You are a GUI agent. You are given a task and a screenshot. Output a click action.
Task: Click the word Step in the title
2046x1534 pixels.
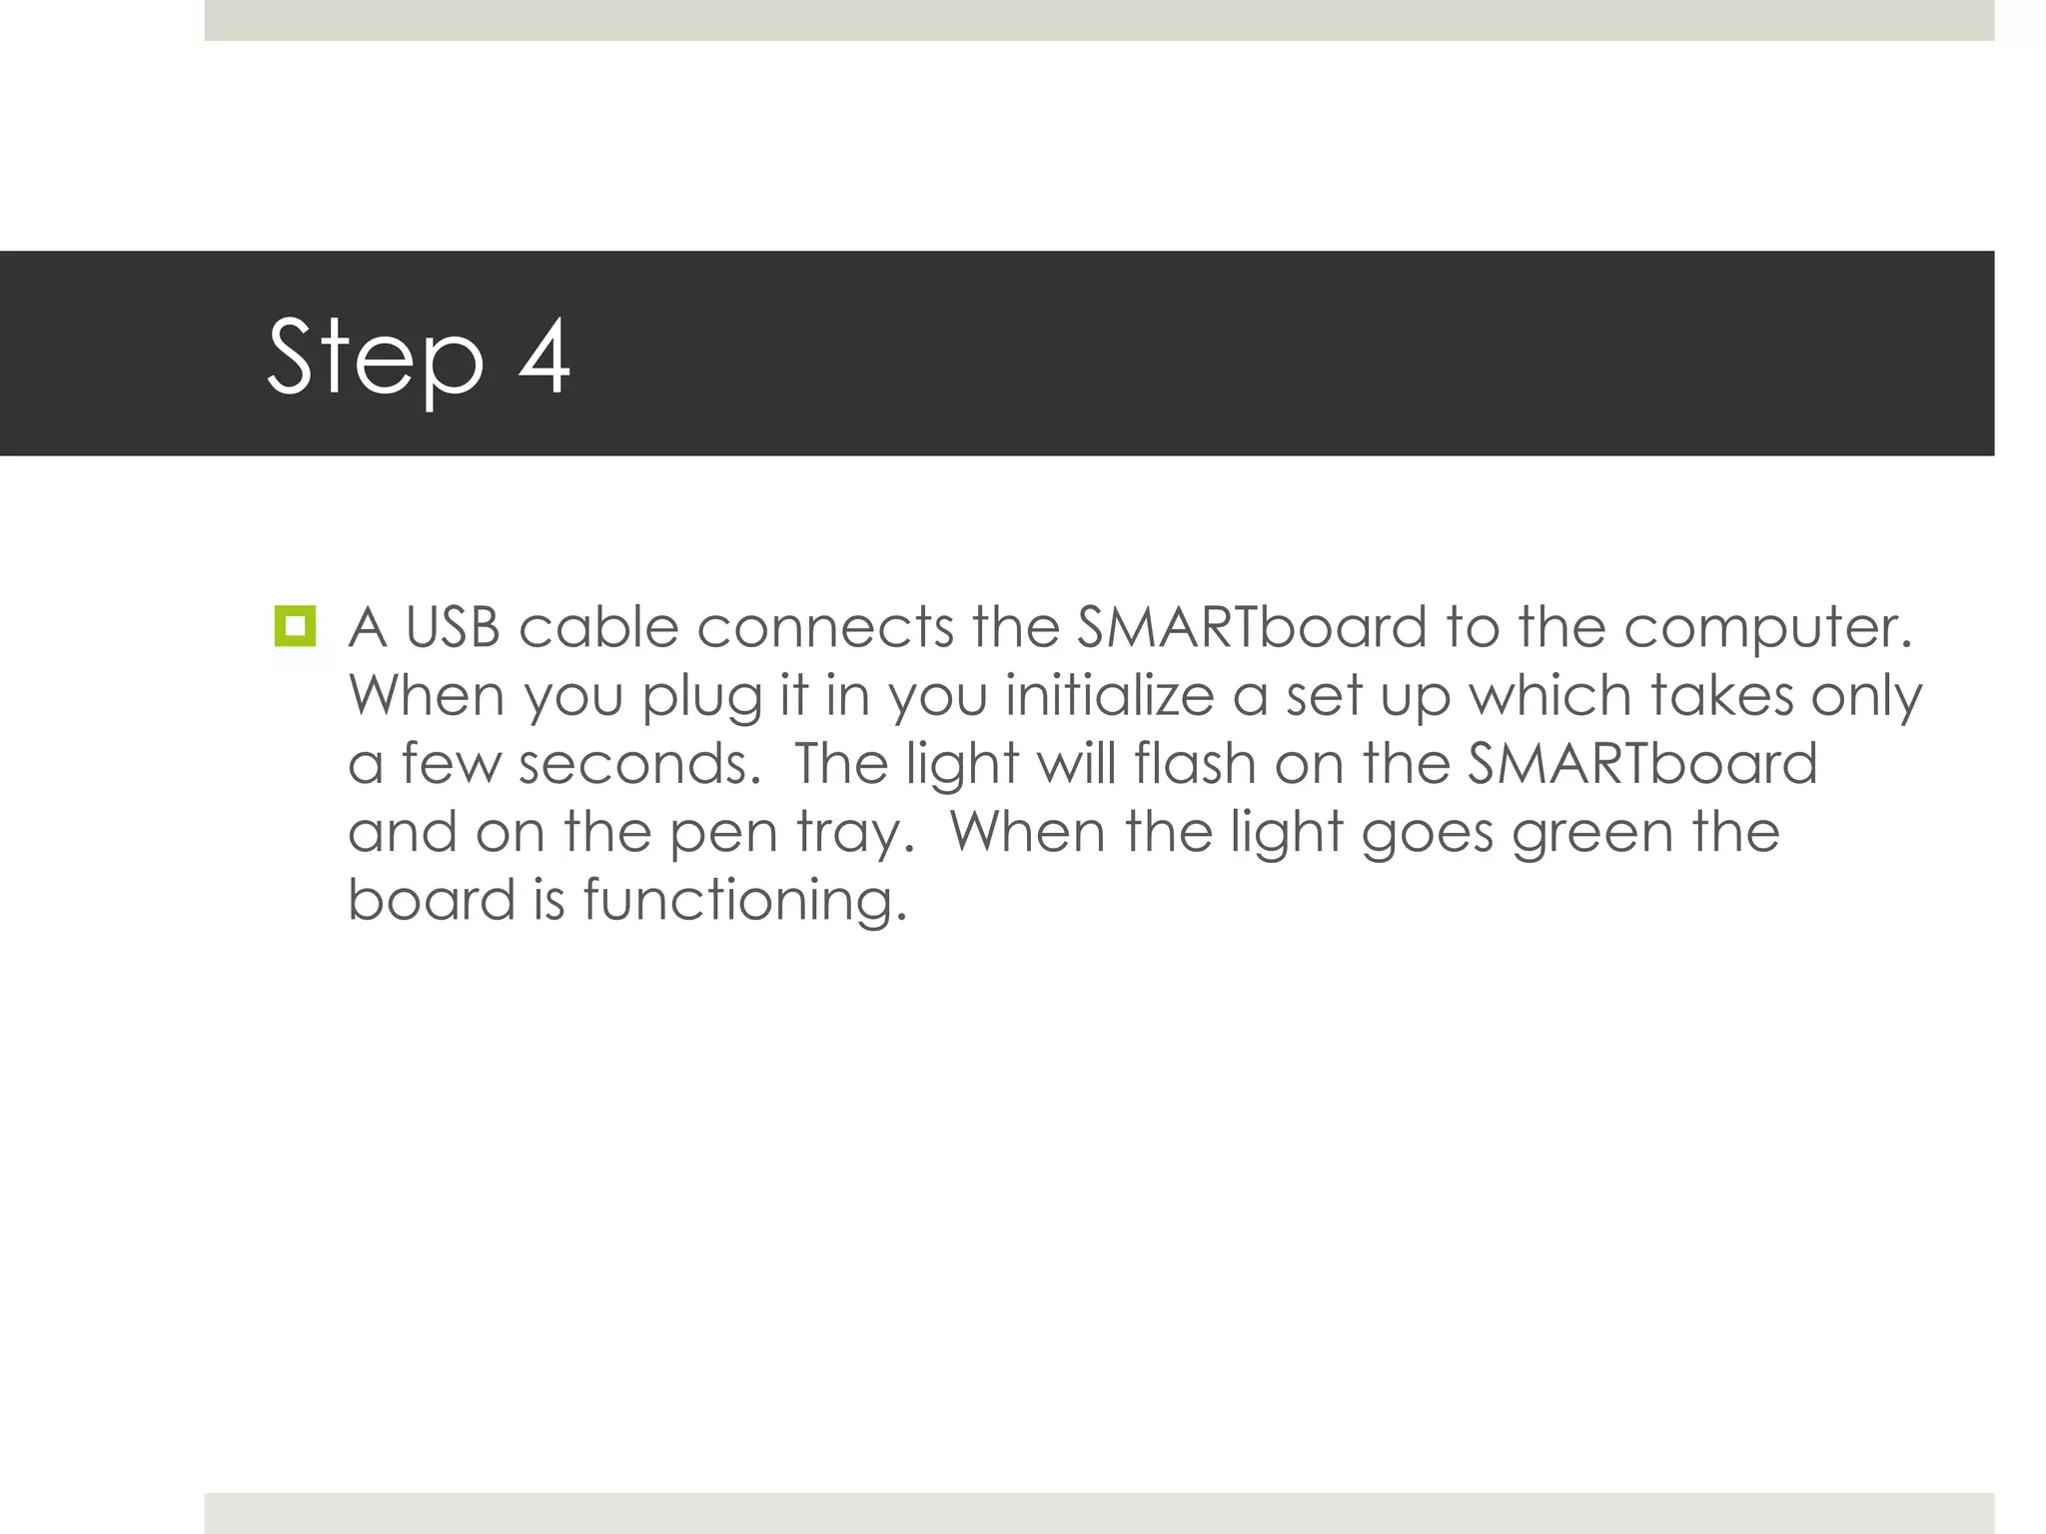(x=376, y=358)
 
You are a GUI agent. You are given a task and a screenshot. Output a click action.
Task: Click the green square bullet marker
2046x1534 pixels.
(x=295, y=626)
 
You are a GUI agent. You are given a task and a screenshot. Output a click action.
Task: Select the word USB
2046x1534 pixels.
(x=453, y=627)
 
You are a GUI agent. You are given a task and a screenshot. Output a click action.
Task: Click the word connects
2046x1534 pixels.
(x=825, y=627)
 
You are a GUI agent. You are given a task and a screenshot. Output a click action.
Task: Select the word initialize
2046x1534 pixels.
(x=1109, y=695)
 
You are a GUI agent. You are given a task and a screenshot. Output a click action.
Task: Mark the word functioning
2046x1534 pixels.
(x=745, y=901)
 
